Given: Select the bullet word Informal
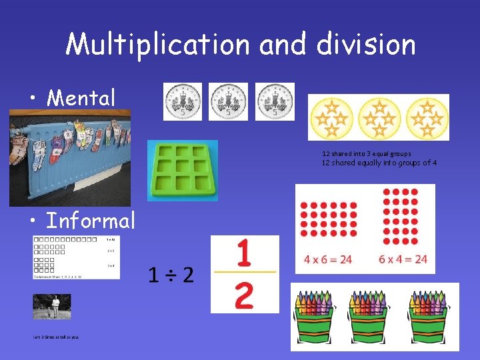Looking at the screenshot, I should click(91, 220).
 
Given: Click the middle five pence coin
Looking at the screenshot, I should click(228, 102).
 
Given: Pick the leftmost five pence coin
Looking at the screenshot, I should click(183, 102).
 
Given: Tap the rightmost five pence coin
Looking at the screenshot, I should click(274, 102).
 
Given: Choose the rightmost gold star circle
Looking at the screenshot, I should click(425, 117).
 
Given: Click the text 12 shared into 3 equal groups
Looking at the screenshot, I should click(367, 153).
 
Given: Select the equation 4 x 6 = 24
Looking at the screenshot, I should click(328, 259).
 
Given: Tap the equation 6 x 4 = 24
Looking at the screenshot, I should click(403, 259).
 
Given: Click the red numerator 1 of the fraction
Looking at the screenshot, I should click(244, 253).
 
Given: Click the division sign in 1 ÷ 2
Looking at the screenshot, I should click(171, 274).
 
